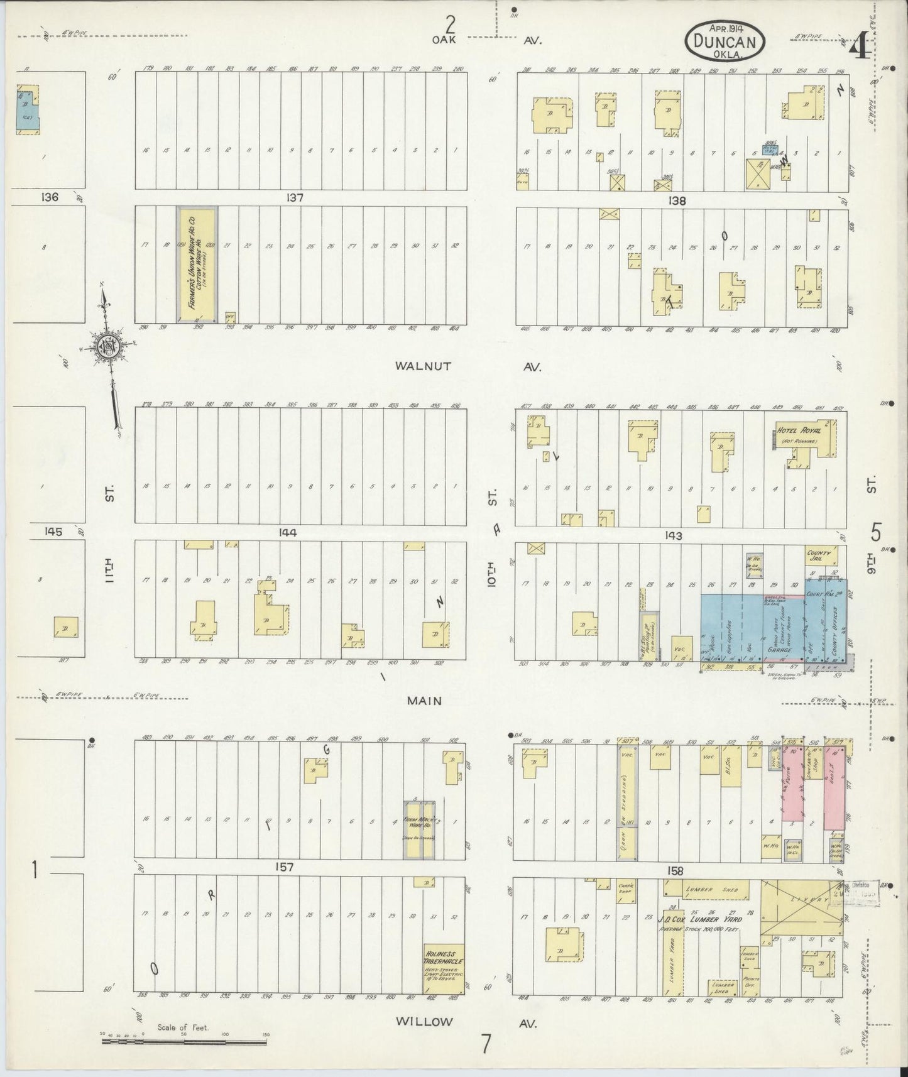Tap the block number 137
(295, 197)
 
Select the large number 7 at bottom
(486, 1044)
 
